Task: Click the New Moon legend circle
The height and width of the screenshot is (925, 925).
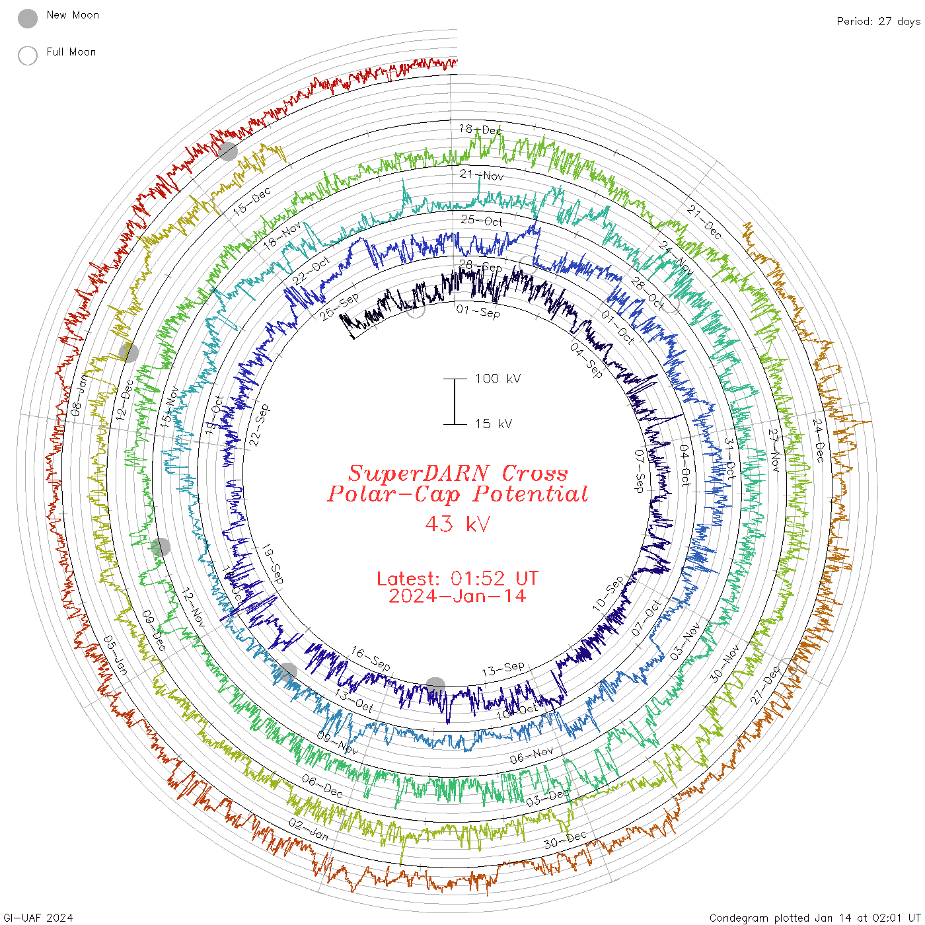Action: pyautogui.click(x=28, y=18)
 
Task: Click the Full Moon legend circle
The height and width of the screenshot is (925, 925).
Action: pyautogui.click(x=28, y=55)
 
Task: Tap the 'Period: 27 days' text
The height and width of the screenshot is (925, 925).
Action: pyautogui.click(x=878, y=22)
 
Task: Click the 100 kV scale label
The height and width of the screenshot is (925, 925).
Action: pyautogui.click(x=498, y=379)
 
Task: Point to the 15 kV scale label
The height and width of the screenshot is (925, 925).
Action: pyautogui.click(x=493, y=424)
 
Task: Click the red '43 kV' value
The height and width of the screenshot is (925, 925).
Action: pyautogui.click(x=458, y=524)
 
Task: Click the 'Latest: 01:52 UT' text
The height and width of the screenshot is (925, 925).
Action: pyautogui.click(x=457, y=578)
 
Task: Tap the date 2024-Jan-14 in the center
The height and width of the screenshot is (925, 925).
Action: pyautogui.click(x=457, y=596)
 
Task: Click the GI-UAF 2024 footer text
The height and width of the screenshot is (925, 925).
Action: pyautogui.click(x=38, y=918)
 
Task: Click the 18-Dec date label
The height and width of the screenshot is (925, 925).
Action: pyautogui.click(x=480, y=129)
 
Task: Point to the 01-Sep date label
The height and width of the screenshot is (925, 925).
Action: pyautogui.click(x=478, y=311)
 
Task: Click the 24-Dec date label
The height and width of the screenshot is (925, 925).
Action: pyautogui.click(x=819, y=440)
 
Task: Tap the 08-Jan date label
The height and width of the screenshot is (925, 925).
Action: pyautogui.click(x=79, y=395)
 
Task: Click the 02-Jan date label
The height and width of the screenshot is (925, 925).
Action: pyautogui.click(x=309, y=829)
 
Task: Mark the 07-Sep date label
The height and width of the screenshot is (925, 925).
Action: pyautogui.click(x=639, y=470)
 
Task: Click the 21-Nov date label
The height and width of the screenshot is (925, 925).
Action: pyautogui.click(x=481, y=175)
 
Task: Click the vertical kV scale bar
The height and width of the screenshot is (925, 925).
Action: pyautogui.click(x=455, y=401)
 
